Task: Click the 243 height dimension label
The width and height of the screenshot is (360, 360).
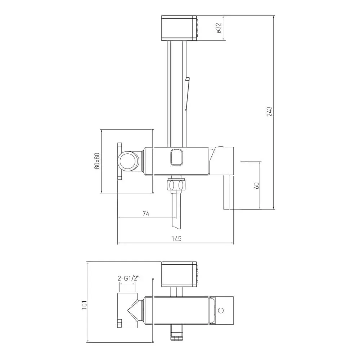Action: click(269, 112)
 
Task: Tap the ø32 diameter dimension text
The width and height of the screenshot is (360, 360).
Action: click(219, 28)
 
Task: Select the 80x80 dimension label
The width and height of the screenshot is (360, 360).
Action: click(97, 161)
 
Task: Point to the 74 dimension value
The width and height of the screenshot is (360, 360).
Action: click(146, 213)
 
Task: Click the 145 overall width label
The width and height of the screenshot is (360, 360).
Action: click(176, 239)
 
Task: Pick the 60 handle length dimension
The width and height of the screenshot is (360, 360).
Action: click(257, 185)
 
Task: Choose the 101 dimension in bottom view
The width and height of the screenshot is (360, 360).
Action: click(85, 305)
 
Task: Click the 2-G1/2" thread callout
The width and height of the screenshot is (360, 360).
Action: click(129, 279)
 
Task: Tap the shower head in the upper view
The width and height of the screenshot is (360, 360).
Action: click(179, 28)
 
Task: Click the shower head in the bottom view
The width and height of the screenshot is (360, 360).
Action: click(179, 274)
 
